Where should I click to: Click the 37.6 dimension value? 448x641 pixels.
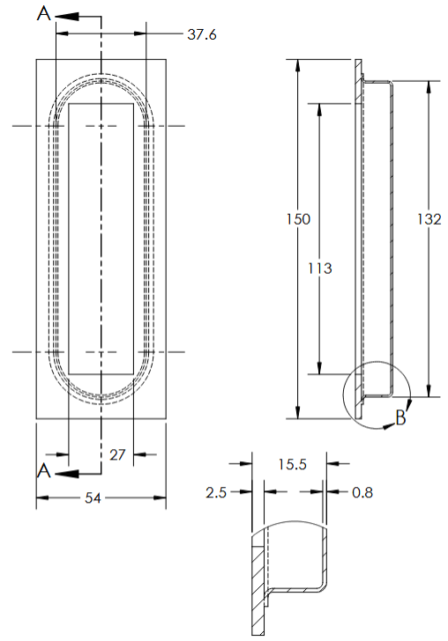[202, 35]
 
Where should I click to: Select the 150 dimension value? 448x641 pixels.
[298, 219]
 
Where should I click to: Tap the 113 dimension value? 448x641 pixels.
[321, 268]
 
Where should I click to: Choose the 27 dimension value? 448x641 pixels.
[117, 454]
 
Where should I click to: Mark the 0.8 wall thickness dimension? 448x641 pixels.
[362, 493]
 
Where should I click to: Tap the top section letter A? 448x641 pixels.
[44, 15]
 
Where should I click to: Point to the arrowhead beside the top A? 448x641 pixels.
[69, 17]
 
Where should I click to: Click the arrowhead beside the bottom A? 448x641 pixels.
[67, 473]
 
